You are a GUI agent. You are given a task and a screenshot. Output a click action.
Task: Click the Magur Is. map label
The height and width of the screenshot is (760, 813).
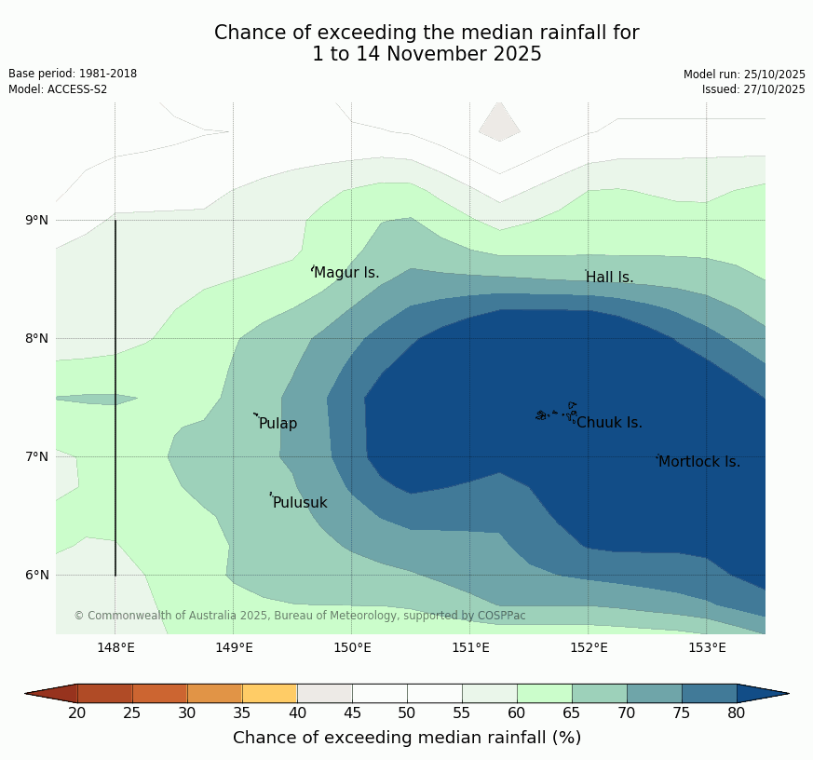[x=346, y=273]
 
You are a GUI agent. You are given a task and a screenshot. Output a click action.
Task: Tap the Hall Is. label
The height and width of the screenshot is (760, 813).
[x=609, y=278]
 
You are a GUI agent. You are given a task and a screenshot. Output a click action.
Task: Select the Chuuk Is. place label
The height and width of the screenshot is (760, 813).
[x=609, y=423]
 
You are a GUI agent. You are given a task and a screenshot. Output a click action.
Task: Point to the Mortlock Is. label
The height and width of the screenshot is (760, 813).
[x=698, y=462]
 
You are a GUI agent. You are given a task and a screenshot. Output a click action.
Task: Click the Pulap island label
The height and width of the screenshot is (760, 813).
[x=278, y=424]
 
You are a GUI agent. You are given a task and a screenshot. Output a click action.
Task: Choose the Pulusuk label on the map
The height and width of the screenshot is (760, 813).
[x=300, y=503]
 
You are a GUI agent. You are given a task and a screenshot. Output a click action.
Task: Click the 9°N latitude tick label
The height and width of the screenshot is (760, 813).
[x=37, y=220]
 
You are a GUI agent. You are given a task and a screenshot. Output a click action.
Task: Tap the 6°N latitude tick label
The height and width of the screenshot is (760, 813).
[x=37, y=575]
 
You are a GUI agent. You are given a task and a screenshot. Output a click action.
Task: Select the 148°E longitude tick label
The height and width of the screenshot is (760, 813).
[x=115, y=647]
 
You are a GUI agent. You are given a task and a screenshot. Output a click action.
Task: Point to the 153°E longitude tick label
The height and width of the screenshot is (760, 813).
[x=707, y=647]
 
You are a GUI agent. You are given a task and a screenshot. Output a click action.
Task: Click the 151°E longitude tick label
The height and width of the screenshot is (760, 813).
[x=470, y=647]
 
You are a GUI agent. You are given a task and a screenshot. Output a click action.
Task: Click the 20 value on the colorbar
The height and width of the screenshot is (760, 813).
[x=77, y=713]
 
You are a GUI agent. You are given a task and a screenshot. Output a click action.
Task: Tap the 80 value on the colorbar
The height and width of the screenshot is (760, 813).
[x=736, y=713]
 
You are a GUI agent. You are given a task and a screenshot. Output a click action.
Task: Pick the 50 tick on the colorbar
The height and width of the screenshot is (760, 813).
[x=407, y=713]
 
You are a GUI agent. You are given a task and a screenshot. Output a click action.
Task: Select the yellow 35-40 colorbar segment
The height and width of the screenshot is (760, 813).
[x=270, y=693]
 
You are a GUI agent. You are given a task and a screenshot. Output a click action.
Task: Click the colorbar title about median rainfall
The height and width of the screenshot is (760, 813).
[x=407, y=738]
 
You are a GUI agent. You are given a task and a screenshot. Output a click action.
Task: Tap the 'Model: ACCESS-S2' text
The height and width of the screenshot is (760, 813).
[x=58, y=89]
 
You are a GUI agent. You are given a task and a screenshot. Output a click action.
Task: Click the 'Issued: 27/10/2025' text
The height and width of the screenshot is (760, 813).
[x=753, y=89]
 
